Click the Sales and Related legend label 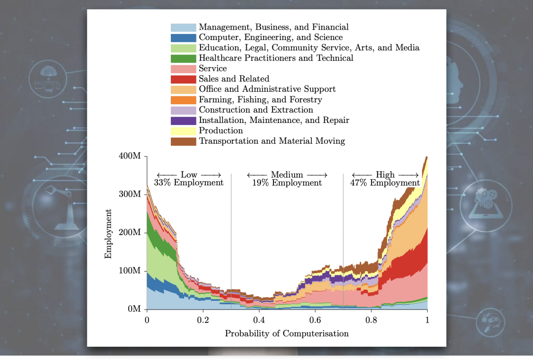point(234,79)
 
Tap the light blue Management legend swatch point(183,27)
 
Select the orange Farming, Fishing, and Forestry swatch point(183,100)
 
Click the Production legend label point(221,131)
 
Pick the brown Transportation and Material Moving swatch point(183,141)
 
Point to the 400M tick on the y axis point(130,156)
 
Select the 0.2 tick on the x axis point(203,320)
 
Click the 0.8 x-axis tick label point(371,320)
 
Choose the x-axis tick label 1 point(427,320)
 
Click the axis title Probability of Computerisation point(287,333)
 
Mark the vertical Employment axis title point(108,234)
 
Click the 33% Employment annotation point(189,183)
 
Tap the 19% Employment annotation point(287,183)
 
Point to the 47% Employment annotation point(385,183)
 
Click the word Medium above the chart point(287,175)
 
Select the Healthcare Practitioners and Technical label point(276,58)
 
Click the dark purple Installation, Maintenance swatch point(183,120)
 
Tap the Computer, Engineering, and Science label point(270,38)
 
